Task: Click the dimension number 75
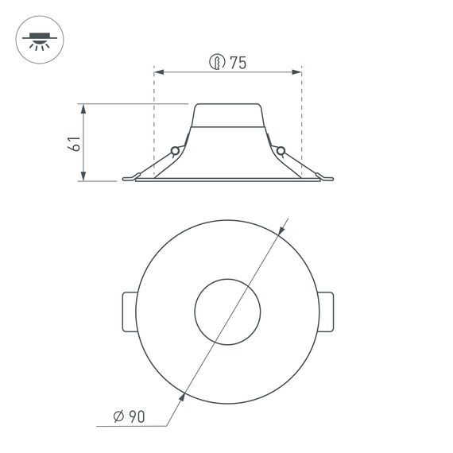(x=238, y=63)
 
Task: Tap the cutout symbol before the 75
(x=216, y=63)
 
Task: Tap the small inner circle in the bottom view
(x=228, y=311)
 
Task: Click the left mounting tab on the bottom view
(x=130, y=311)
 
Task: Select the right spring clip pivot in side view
(x=281, y=150)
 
